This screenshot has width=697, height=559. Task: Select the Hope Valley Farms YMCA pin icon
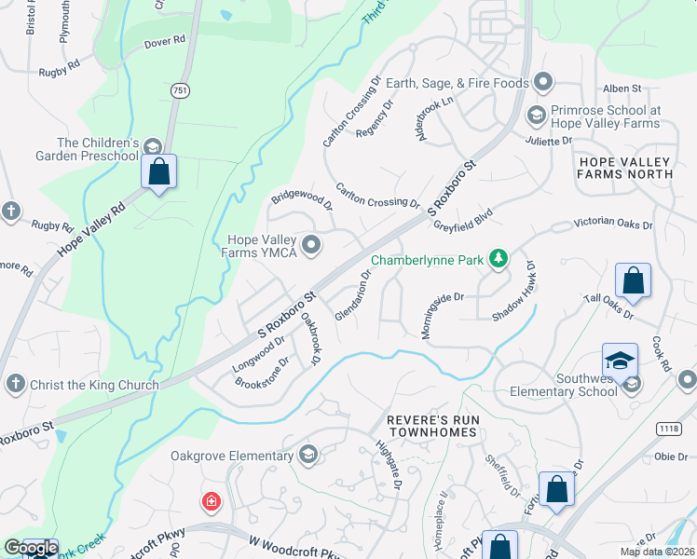point(311,246)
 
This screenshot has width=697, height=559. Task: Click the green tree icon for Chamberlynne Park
point(499,258)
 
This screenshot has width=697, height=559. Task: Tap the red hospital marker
point(212,502)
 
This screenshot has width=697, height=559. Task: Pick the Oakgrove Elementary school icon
point(307,455)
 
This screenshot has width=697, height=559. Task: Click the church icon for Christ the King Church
point(14,384)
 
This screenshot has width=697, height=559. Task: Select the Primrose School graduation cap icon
point(536,116)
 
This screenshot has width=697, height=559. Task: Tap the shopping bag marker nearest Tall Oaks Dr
point(633,281)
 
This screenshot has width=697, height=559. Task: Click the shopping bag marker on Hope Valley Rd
point(158,171)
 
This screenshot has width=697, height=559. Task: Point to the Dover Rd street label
point(165,43)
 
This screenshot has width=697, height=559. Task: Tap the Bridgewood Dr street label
point(301,199)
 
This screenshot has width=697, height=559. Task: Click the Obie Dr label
point(670,457)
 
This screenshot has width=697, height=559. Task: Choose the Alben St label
point(622,88)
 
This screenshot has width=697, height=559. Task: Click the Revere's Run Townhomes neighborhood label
point(434,427)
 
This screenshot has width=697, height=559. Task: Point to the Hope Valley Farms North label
point(625,168)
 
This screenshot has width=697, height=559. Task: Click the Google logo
point(30,548)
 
